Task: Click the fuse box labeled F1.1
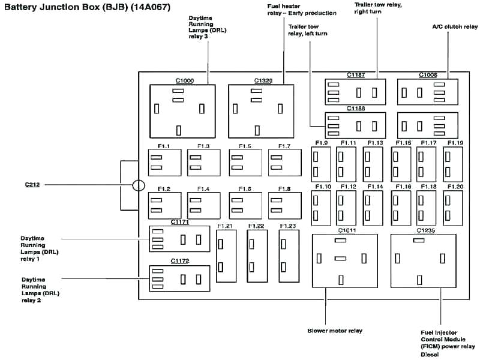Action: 164,163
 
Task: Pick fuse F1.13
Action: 373,164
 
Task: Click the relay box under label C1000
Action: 182,112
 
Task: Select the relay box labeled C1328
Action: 261,112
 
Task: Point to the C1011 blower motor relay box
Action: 345,261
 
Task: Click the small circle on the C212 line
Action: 139,185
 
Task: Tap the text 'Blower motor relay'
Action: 335,331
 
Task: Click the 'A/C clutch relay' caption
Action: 455,26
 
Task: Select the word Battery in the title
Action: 22,8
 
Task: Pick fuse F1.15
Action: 400,164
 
